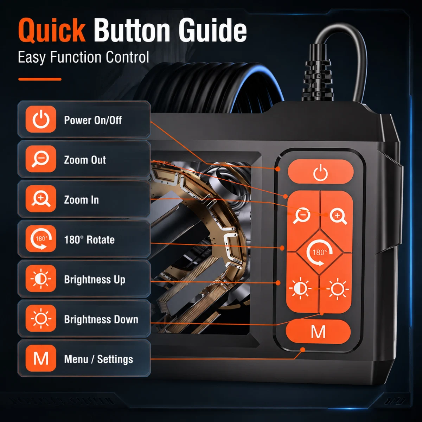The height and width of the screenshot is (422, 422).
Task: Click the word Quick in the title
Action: pyautogui.click(x=52, y=30)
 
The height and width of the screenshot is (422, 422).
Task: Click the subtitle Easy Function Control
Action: pyautogui.click(x=83, y=57)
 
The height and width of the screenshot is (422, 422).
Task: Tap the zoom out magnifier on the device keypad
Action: pyautogui.click(x=301, y=216)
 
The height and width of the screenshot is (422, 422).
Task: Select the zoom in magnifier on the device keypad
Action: pyautogui.click(x=338, y=216)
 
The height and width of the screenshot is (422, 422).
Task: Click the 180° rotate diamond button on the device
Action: pyautogui.click(x=319, y=252)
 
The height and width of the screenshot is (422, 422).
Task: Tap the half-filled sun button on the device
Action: pyautogui.click(x=300, y=288)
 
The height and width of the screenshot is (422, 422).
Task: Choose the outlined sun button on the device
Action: pyautogui.click(x=338, y=289)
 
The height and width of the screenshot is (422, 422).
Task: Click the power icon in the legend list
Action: pyautogui.click(x=41, y=119)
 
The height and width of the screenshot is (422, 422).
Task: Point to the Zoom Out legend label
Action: pyautogui.click(x=85, y=160)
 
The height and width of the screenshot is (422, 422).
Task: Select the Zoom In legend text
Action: pyautogui.click(x=81, y=200)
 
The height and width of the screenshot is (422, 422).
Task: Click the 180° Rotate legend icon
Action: pyautogui.click(x=41, y=239)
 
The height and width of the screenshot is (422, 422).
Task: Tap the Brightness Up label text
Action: pyautogui.click(x=95, y=280)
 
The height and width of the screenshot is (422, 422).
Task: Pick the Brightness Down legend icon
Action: pyautogui.click(x=41, y=318)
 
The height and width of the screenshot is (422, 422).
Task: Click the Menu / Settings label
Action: pyautogui.click(x=98, y=359)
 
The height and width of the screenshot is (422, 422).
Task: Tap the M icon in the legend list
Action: pyautogui.click(x=41, y=358)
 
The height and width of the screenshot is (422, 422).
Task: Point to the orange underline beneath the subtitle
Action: pyautogui.click(x=40, y=79)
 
